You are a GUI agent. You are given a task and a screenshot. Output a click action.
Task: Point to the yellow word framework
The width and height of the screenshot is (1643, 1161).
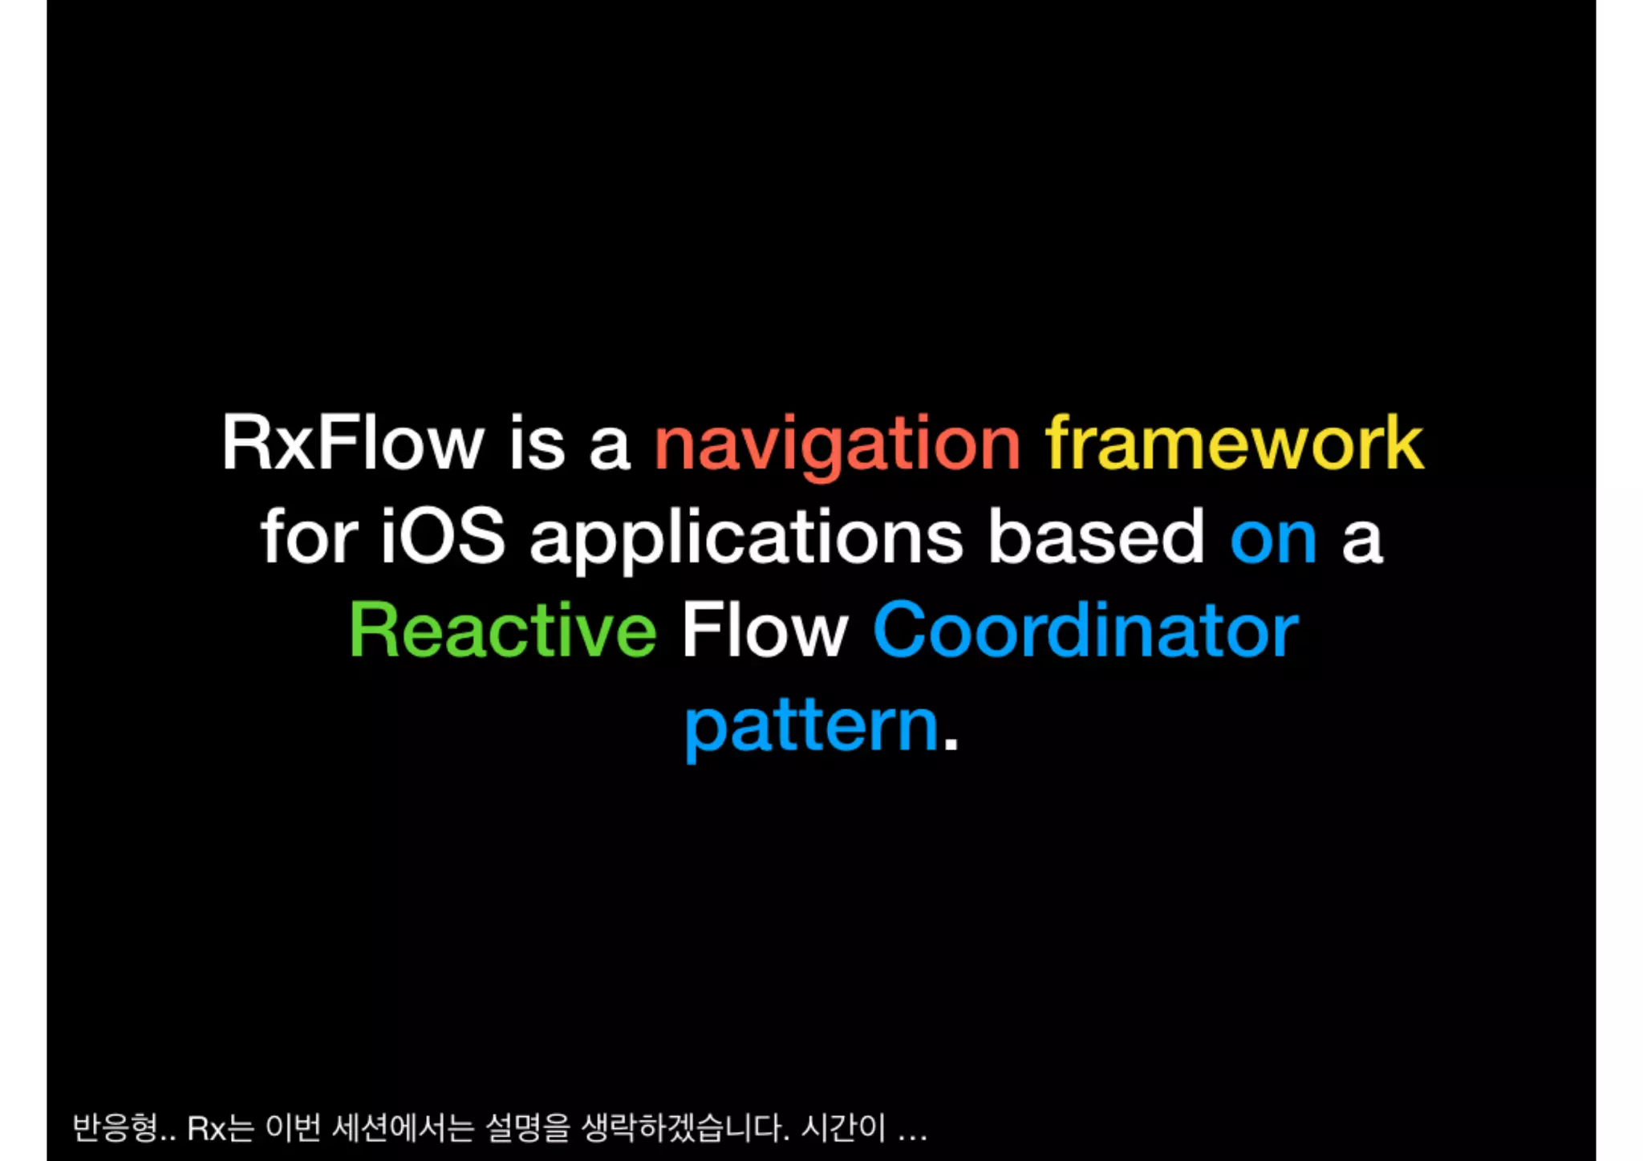tap(1234, 443)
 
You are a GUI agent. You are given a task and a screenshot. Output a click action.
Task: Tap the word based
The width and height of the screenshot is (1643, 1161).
tap(1096, 537)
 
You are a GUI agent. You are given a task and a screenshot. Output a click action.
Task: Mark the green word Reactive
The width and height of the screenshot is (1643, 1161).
tap(503, 631)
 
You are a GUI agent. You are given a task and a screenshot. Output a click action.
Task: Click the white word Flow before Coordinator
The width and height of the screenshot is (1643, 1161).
tap(765, 631)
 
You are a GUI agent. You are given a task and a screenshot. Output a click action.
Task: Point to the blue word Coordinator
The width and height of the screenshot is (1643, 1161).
tap(1085, 631)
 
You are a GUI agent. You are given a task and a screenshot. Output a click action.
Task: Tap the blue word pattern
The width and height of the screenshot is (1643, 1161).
tap(811, 726)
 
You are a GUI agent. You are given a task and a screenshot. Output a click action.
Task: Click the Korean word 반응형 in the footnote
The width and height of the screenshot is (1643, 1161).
tap(115, 1128)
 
